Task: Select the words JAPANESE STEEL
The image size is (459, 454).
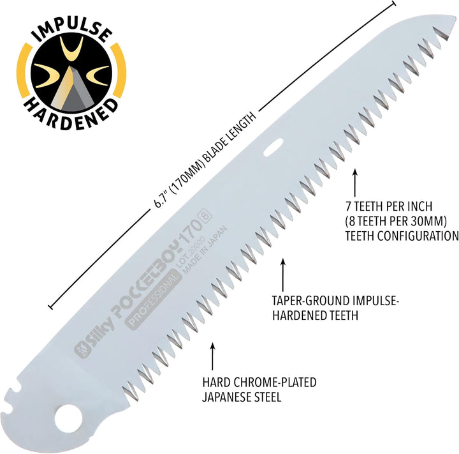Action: coord(242,397)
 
